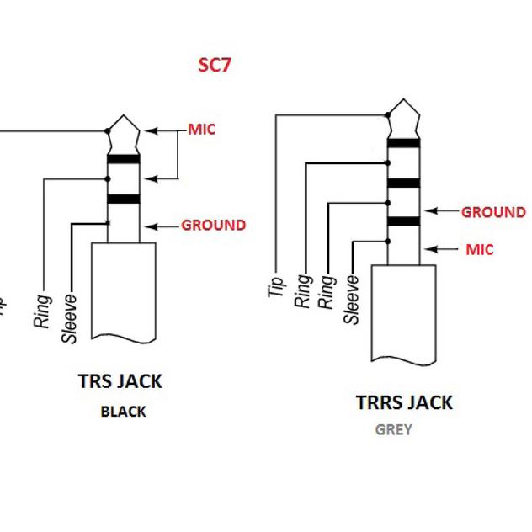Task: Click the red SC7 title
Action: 214,65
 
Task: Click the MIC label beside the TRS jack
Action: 201,129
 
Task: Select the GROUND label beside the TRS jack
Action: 214,225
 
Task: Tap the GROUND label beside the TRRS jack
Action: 492,212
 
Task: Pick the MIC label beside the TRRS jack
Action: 480,249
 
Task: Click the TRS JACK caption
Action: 120,380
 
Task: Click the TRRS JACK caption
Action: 404,402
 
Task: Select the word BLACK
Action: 123,412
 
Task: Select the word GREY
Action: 393,429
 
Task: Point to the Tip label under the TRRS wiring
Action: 275,286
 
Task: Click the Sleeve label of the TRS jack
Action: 70,318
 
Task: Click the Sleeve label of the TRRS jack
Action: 352,299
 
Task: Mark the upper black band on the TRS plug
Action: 123,159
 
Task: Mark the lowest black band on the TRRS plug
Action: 403,222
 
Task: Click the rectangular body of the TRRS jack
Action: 403,311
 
